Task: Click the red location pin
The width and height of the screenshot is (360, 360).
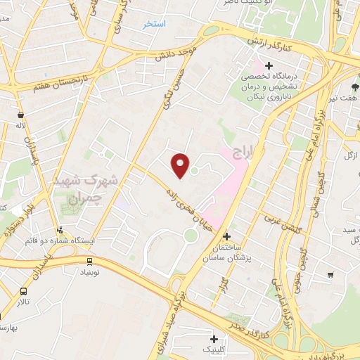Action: click(181, 165)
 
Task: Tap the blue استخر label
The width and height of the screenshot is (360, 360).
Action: click(154, 24)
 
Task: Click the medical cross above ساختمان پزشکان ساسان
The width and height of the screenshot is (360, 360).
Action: click(226, 236)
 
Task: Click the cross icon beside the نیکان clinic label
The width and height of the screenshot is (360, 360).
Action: click(269, 65)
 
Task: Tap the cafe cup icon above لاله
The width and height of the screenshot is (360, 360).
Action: click(21, 114)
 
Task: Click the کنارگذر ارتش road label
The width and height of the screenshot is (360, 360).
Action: click(278, 44)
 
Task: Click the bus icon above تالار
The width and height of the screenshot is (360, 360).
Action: click(25, 291)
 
